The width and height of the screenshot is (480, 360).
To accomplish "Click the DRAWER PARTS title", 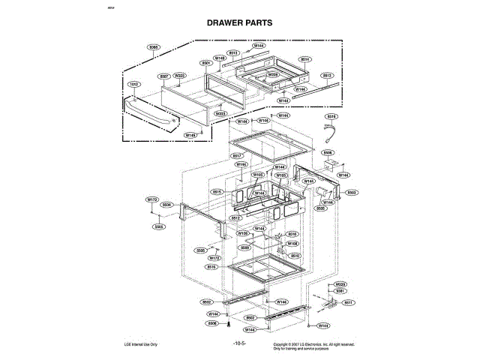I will coord(239,22).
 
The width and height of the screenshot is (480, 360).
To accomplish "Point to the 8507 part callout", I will coord(164,76).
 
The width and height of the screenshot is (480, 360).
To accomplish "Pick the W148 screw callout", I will coord(220,58).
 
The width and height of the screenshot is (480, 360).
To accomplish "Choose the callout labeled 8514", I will coord(305,58).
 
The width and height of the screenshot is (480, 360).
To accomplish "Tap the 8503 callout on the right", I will coord(351,192).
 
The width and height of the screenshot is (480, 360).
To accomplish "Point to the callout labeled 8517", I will coord(235,156).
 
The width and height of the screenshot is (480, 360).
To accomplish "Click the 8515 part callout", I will coord(217,192).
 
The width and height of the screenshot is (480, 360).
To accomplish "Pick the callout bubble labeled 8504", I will coord(167,205).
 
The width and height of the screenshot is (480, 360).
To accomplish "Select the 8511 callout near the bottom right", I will coord(349,302).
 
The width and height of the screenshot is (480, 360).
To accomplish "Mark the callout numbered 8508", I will coord(212,323).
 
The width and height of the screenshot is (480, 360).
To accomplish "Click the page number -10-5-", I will coord(239,343).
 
